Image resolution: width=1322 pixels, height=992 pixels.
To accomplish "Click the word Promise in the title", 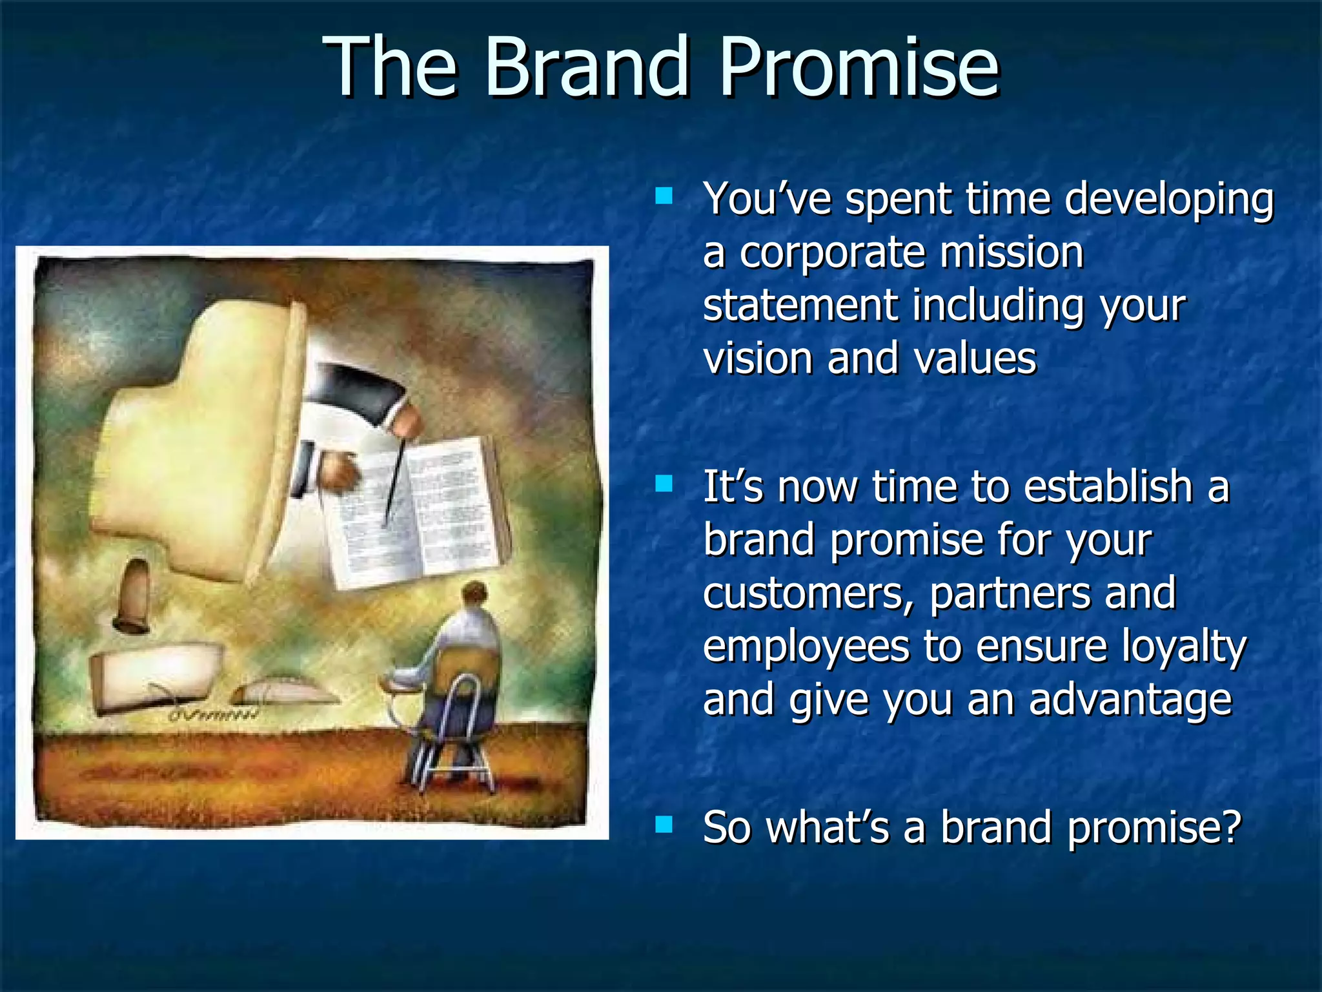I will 859,67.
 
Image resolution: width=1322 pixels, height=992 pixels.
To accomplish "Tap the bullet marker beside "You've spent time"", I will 663,196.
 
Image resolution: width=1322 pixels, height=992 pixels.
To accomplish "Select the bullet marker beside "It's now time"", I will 663,484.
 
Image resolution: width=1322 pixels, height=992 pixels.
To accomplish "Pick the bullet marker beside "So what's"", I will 663,824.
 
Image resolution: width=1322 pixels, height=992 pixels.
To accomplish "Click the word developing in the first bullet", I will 1168,200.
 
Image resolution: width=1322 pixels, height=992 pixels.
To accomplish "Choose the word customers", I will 808,594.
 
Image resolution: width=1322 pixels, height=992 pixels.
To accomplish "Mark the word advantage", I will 1130,701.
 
